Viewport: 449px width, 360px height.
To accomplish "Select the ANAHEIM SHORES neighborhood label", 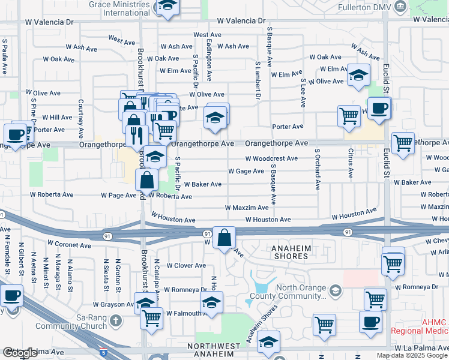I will point(289,252).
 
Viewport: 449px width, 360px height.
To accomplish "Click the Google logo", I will point(20,353).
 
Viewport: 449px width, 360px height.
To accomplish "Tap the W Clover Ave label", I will point(185,265).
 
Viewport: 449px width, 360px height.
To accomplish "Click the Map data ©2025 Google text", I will point(412,355).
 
